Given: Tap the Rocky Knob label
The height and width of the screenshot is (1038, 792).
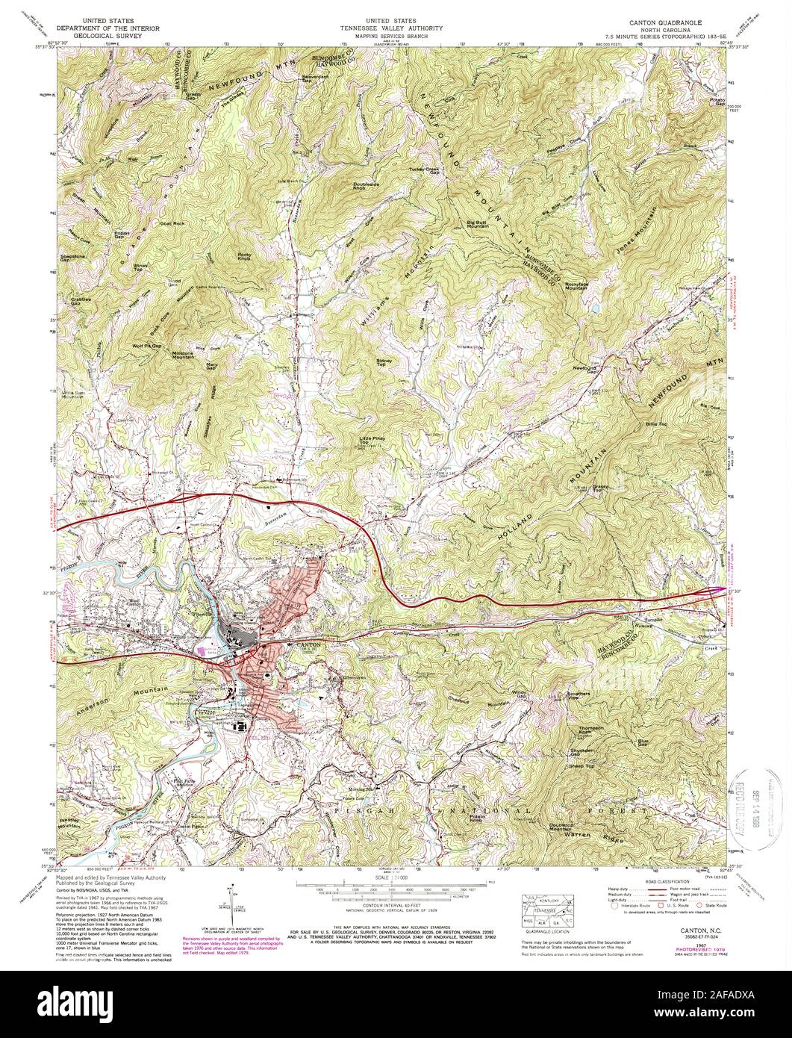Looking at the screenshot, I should coord(244,256).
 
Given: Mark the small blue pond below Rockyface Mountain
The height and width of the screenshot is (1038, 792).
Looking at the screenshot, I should coord(596,306).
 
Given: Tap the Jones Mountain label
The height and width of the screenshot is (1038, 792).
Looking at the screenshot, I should coord(637,239).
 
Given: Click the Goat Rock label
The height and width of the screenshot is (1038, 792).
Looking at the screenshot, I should coord(172,223).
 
